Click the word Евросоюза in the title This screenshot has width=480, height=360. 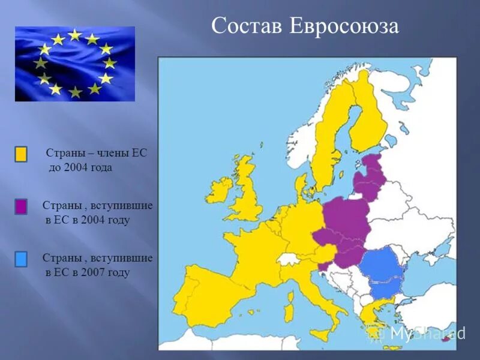pos(343,26)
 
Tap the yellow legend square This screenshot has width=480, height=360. pos(21,154)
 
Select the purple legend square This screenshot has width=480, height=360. pos(21,207)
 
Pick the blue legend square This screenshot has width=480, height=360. pos(21,259)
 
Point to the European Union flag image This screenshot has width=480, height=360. pos(74,63)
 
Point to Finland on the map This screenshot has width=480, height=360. pos(367,120)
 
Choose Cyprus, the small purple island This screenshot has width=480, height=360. pos(446,340)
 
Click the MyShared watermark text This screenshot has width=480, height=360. pos(427,334)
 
